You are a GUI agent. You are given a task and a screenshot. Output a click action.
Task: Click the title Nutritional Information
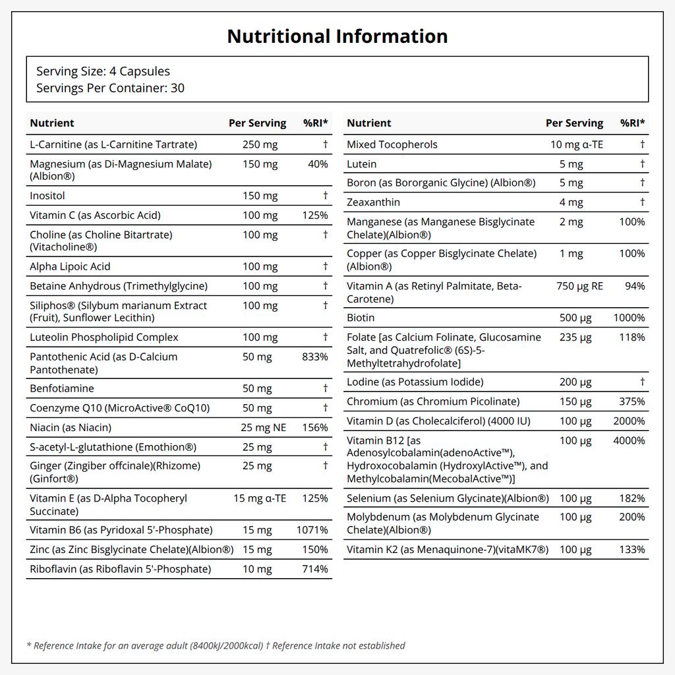pyautogui.click(x=337, y=36)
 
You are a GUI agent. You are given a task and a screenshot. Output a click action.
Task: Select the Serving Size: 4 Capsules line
pyautogui.click(x=103, y=71)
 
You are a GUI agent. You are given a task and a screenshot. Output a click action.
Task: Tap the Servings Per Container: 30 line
pyautogui.click(x=110, y=88)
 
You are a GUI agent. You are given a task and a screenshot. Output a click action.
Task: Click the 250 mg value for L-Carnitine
pyautogui.click(x=260, y=144)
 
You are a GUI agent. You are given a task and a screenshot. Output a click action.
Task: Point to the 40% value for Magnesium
pyautogui.click(x=318, y=164)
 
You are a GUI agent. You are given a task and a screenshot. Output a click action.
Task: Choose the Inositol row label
pyautogui.click(x=47, y=195)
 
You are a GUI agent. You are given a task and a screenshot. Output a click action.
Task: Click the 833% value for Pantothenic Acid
pyautogui.click(x=315, y=357)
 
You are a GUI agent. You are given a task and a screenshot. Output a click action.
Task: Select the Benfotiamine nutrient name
pyautogui.click(x=62, y=388)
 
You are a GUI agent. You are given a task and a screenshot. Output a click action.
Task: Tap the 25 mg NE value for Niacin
pyautogui.click(x=264, y=427)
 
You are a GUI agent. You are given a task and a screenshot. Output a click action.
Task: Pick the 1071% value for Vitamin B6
pyautogui.click(x=312, y=530)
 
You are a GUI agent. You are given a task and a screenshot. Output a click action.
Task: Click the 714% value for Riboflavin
pyautogui.click(x=315, y=569)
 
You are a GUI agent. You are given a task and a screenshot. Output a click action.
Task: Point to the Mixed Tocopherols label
pyautogui.click(x=392, y=144)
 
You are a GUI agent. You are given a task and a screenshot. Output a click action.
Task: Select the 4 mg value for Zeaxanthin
pyautogui.click(x=572, y=202)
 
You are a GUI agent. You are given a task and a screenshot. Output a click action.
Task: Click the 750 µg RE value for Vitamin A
pyautogui.click(x=580, y=286)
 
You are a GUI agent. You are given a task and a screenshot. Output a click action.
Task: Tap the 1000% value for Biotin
pyautogui.click(x=629, y=318)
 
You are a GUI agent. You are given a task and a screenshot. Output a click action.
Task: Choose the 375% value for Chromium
pyautogui.click(x=632, y=401)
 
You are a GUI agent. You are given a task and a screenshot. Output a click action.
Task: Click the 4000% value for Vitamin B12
pyautogui.click(x=629, y=441)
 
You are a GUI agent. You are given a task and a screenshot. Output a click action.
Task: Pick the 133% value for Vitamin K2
pyautogui.click(x=632, y=550)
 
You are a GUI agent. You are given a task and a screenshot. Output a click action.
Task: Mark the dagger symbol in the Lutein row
pyautogui.click(x=642, y=163)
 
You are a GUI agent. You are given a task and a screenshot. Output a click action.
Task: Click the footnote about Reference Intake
pyautogui.click(x=216, y=646)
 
